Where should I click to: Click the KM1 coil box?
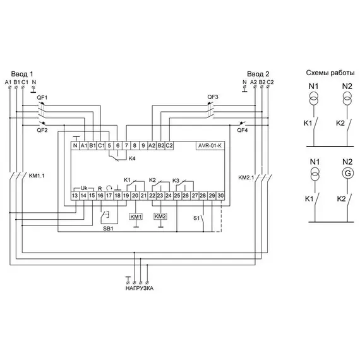(136, 217)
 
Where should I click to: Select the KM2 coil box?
(160, 216)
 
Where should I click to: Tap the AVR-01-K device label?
(210, 145)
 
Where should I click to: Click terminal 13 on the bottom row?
(75, 196)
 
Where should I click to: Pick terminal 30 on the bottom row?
(220, 196)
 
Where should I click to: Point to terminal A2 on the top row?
(152, 145)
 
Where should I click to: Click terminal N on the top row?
(75, 145)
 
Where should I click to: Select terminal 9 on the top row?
(143, 145)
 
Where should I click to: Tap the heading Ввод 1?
(22, 74)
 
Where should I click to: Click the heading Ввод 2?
(258, 74)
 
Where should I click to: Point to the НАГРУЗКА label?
(140, 288)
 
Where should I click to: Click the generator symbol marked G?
(348, 173)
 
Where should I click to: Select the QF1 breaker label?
(42, 97)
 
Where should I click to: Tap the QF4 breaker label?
(243, 130)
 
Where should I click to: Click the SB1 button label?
(108, 229)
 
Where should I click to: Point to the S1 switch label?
(196, 218)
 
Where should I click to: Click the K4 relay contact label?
(132, 159)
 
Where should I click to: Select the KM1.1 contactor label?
(37, 176)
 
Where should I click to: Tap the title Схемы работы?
(330, 73)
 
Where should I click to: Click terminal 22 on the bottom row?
(152, 196)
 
